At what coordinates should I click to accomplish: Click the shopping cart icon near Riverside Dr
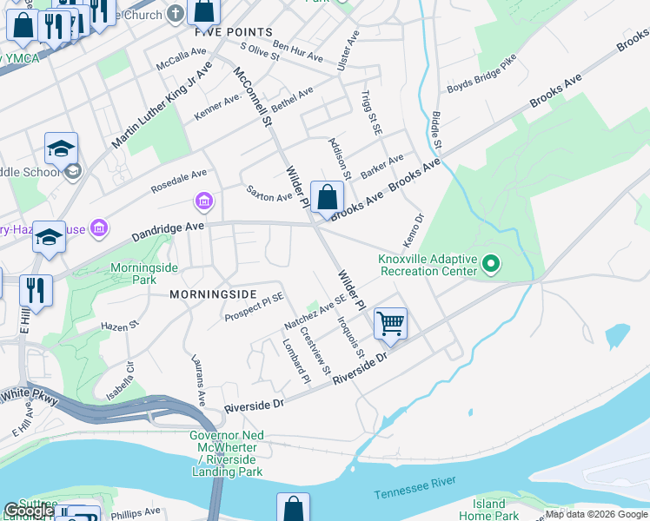[390, 323]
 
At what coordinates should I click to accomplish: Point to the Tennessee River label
[415, 491]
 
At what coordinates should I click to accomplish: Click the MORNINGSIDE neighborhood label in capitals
[213, 294]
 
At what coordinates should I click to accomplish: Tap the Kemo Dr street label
[411, 230]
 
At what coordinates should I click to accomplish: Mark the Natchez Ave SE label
[315, 313]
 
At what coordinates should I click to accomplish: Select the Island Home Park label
[488, 510]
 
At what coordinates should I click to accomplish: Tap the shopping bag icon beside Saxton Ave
[327, 198]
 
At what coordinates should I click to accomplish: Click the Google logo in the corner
[28, 511]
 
